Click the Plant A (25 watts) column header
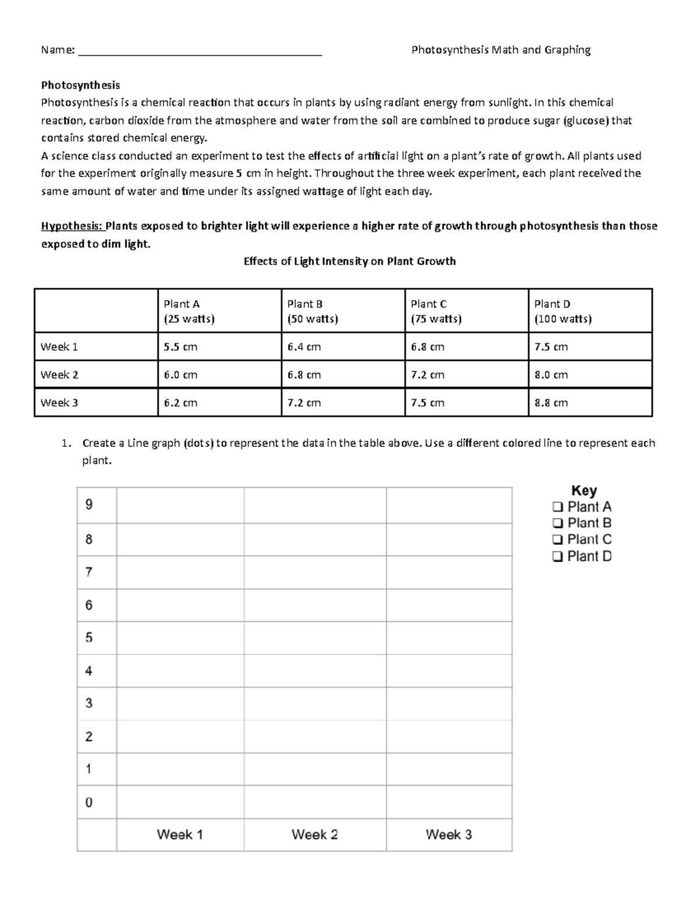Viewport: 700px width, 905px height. point(190,311)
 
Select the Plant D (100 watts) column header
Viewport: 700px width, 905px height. point(562,311)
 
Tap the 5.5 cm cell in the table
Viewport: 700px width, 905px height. point(180,347)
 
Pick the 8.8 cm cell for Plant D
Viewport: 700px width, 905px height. point(551,403)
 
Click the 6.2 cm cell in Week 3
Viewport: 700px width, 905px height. point(180,403)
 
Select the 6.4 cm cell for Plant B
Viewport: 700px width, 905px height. point(304,347)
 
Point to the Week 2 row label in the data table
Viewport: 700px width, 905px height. point(60,375)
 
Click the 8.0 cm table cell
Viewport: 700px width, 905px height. point(551,375)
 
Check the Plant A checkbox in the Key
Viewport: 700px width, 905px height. point(557,507)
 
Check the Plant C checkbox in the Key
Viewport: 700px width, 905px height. point(557,540)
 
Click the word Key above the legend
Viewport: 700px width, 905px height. point(583,491)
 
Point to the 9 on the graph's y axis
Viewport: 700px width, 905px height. point(89,505)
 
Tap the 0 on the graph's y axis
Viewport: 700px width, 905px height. point(89,802)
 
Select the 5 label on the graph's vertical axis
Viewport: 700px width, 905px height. point(89,638)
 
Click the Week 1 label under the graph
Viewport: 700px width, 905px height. point(180,834)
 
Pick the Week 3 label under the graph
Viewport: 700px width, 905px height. point(449,834)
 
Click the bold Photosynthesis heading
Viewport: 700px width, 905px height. point(80,85)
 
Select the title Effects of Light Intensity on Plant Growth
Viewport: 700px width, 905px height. point(349,261)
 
